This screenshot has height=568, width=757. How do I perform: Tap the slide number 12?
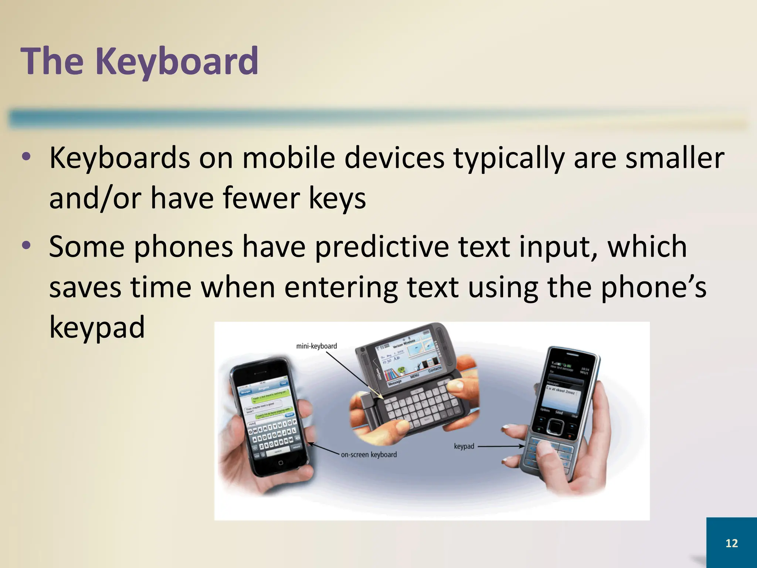coord(731,543)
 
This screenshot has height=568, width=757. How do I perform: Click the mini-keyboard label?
coord(316,346)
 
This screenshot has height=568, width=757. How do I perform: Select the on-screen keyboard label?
coord(369,454)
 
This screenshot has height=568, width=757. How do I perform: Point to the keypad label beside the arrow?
coord(464,446)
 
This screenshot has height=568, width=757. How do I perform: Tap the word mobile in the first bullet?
coord(288,158)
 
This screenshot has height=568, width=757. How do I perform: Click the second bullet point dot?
coord(26,246)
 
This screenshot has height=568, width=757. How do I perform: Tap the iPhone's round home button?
coord(281,463)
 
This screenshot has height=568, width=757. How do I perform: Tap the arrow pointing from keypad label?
coord(501,446)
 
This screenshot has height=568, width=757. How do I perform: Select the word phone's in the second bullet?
coord(654,287)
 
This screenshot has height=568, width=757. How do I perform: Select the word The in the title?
coord(52,61)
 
